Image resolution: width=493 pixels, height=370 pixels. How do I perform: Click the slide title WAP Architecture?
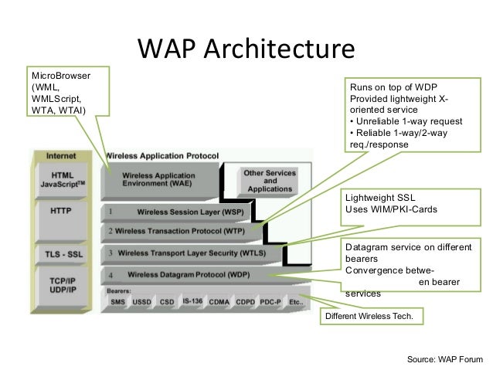[x=245, y=50]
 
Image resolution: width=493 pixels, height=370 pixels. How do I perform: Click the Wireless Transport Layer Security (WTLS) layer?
[x=194, y=253]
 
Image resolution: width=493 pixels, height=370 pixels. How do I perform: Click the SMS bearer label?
[x=118, y=301]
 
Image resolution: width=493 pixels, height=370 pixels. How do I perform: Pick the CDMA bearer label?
[x=219, y=301]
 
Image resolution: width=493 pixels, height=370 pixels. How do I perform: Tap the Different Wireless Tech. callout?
[x=375, y=317]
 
